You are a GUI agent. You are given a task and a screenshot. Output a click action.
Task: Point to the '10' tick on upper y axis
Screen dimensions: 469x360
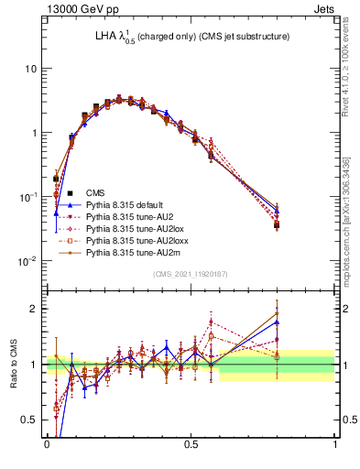click(31, 69)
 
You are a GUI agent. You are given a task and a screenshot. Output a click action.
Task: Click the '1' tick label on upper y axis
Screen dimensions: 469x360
click(34, 133)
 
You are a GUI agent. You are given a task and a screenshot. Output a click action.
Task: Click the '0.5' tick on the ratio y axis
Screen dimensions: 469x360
click(29, 420)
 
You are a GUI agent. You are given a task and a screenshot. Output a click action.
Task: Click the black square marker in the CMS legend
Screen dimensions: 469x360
click(57, 192)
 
